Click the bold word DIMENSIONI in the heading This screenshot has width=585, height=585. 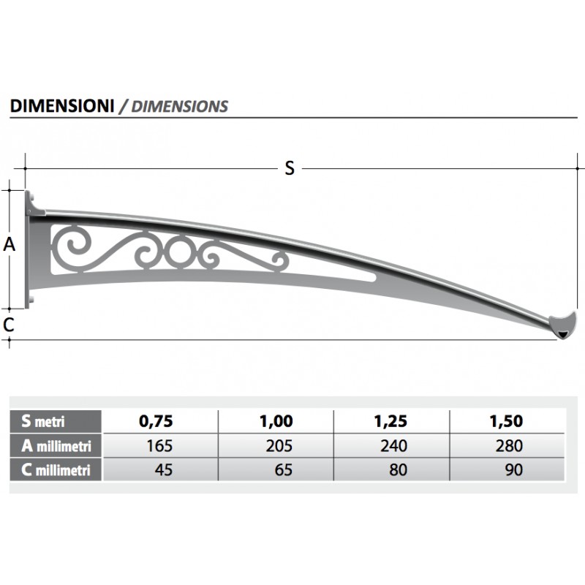[62, 105]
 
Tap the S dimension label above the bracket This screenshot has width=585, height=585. [290, 168]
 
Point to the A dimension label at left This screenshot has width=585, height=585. [10, 245]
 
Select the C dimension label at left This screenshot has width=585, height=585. [8, 325]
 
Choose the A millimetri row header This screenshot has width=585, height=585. [56, 445]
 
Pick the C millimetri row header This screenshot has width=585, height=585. [56, 470]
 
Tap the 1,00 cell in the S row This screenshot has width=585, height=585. [276, 421]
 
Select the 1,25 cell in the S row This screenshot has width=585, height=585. [392, 421]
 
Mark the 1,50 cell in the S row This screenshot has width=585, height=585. [507, 421]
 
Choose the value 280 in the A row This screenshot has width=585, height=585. [509, 445]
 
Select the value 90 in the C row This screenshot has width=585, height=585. [513, 469]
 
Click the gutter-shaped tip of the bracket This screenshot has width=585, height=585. [564, 325]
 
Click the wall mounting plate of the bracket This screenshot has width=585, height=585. [31, 249]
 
